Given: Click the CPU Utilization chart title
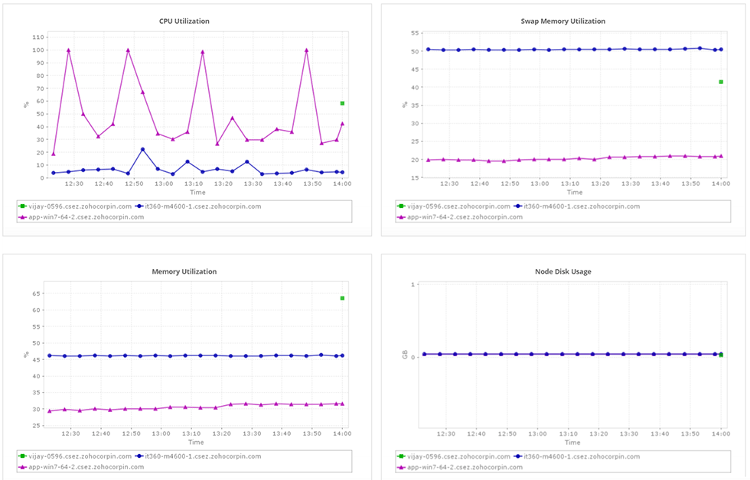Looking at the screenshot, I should (184, 21).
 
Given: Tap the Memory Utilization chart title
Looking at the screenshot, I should (184, 271).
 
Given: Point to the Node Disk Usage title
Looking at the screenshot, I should (562, 271).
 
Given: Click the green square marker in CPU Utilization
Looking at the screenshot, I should (342, 103).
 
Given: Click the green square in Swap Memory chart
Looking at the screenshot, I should (721, 82).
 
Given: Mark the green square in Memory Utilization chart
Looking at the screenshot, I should (342, 298).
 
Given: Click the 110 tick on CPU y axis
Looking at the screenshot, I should (37, 37).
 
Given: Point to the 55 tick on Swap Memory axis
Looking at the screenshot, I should (414, 34).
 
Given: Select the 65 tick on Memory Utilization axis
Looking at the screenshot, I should (37, 294).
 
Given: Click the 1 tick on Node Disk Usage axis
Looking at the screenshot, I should (413, 284).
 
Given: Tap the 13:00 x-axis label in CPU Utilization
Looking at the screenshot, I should (163, 183).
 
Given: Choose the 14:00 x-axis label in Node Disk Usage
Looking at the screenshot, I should (719, 433).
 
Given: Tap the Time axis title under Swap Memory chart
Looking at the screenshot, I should (574, 193).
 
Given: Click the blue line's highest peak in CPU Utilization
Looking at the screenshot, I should (142, 150).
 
